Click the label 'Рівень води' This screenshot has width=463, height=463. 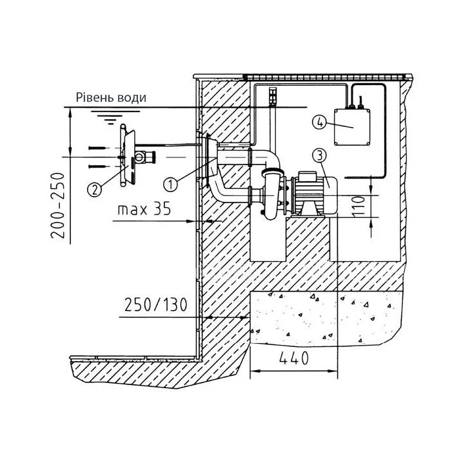[111, 98]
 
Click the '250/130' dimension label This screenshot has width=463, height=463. [153, 304]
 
